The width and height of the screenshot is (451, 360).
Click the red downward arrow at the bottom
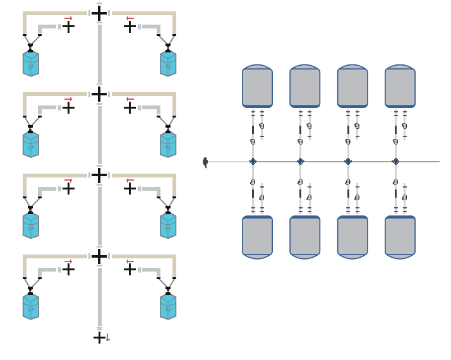108,338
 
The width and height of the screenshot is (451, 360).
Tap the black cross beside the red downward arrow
99,338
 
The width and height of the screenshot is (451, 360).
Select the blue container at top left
31,64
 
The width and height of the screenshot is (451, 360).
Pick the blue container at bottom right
168,306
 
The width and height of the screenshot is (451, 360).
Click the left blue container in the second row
31,145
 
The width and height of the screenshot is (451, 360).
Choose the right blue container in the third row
168,225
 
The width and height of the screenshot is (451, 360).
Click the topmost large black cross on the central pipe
99,13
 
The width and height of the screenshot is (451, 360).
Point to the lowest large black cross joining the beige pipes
99,256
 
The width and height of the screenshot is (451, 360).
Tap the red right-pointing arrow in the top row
68,18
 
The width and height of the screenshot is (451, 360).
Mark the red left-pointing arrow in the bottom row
129,261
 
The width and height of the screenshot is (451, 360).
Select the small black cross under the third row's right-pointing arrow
68,188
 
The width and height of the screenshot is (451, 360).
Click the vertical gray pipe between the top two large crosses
99,53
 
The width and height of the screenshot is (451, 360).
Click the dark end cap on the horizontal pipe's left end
205,162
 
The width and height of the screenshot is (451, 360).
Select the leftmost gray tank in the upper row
257,86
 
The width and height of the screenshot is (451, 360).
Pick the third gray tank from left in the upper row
352,86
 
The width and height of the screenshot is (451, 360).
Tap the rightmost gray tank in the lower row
400,237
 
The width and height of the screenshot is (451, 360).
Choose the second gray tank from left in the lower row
304,237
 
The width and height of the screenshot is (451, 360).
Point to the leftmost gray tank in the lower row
257,237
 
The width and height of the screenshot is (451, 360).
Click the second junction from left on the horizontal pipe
300,162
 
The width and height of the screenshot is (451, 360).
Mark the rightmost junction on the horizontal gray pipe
395,162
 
